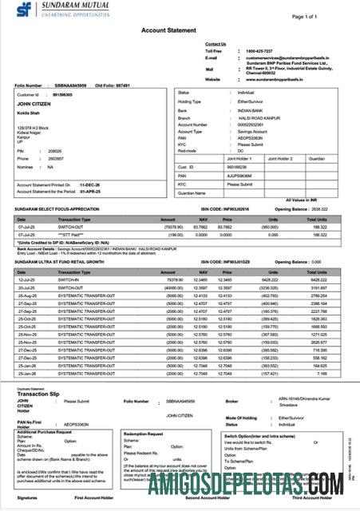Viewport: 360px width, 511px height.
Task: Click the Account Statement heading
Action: pyautogui.click(x=169, y=29)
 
